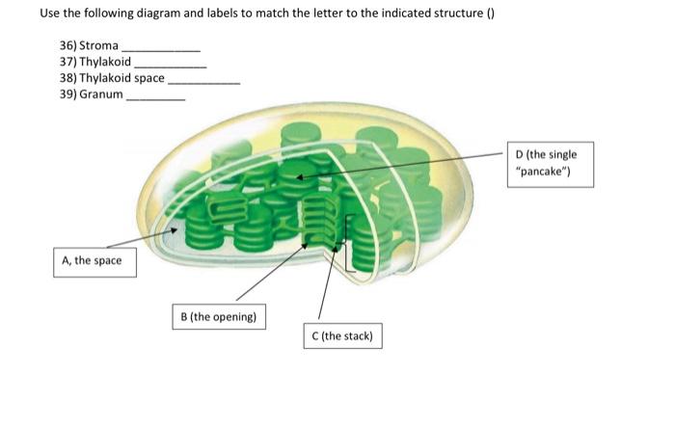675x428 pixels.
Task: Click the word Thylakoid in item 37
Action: point(109,62)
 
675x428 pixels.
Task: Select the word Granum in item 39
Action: point(103,94)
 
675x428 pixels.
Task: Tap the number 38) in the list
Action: point(67,78)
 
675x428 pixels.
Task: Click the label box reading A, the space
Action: point(93,260)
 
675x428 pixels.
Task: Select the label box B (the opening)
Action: point(219,316)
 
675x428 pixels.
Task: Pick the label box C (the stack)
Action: point(342,336)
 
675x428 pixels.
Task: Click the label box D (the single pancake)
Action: point(553,163)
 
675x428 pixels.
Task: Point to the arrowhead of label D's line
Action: point(299,177)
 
